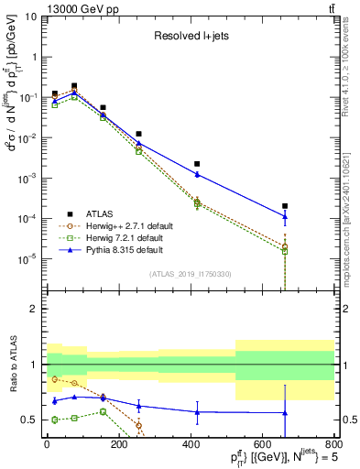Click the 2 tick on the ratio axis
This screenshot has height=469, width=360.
(34, 310)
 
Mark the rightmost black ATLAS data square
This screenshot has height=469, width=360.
(285, 206)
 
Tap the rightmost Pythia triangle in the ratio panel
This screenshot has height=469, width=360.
(285, 413)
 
